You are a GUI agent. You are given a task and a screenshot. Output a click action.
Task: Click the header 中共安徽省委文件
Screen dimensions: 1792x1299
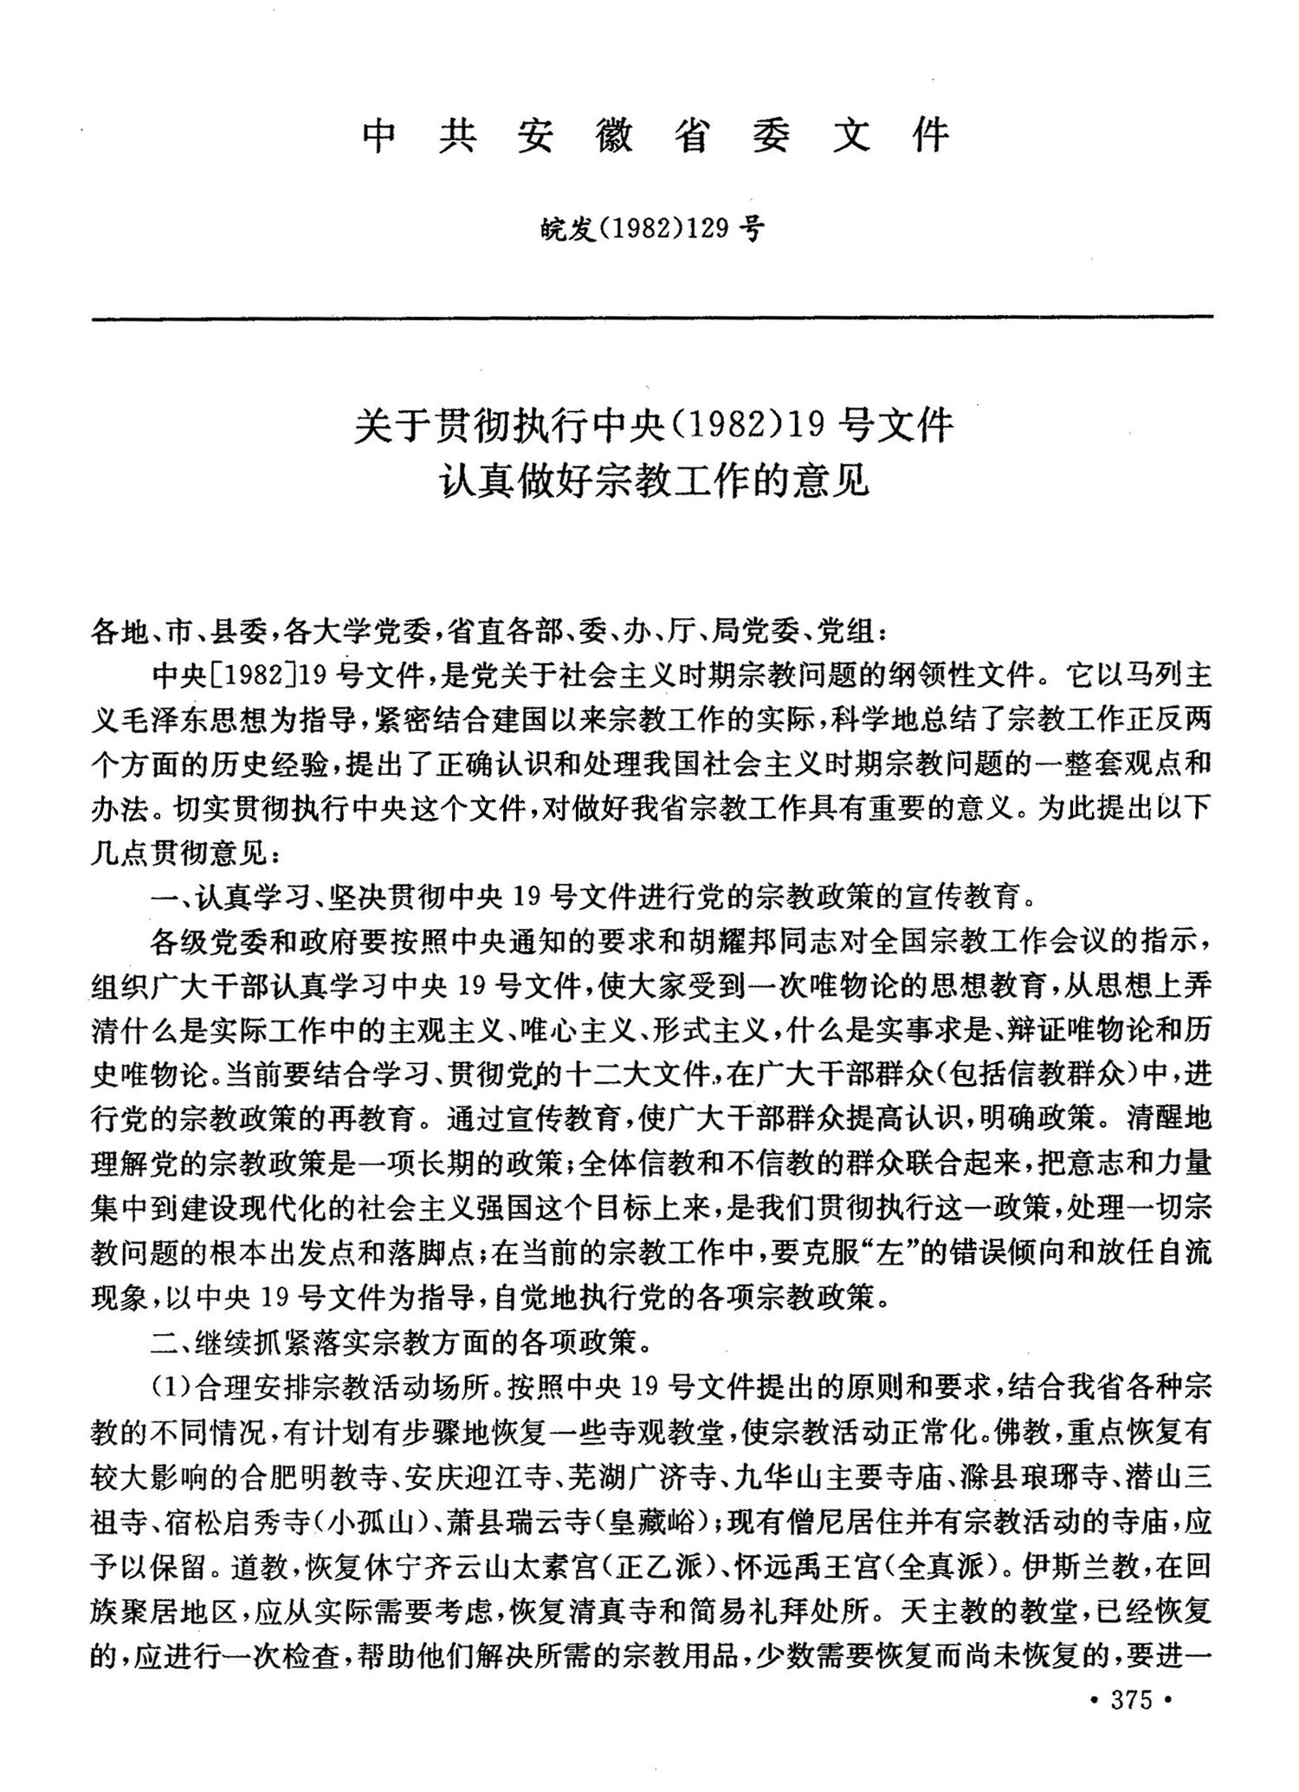(656, 137)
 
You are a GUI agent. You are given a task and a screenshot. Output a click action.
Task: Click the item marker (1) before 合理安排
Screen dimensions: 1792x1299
(171, 1389)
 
